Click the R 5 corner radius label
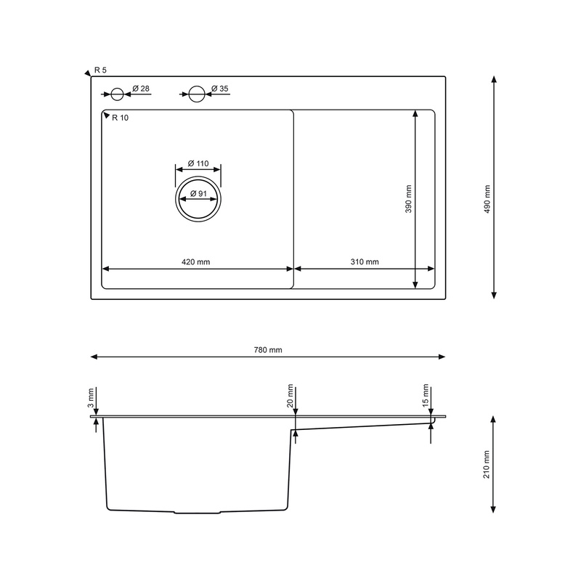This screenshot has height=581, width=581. [x=100, y=70]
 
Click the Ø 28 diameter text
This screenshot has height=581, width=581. [x=141, y=89]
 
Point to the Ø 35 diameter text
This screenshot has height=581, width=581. [x=220, y=89]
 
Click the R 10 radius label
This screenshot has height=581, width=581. [x=120, y=118]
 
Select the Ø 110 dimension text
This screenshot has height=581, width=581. [x=198, y=163]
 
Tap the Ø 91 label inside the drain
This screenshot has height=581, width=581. [x=198, y=193]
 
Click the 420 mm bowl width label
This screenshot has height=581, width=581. [x=195, y=262]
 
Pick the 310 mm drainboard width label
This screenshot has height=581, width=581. [x=365, y=261]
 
